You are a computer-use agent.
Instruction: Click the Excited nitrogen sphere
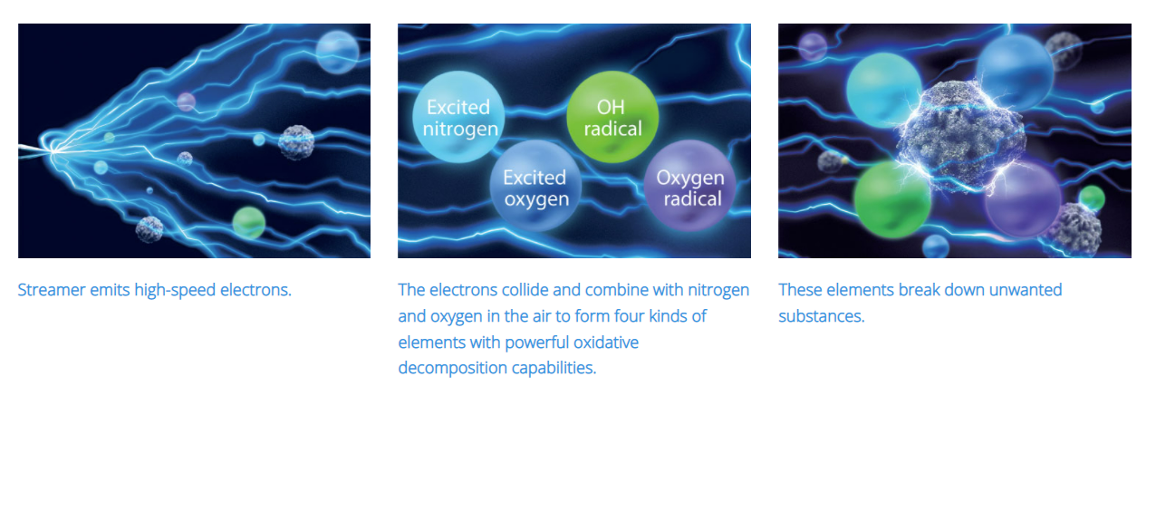pos(458,117)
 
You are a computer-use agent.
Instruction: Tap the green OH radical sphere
pos(612,117)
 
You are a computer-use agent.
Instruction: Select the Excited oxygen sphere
pos(535,186)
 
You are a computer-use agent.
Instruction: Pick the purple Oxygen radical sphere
pos(690,186)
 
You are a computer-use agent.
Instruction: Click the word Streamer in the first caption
pos(52,290)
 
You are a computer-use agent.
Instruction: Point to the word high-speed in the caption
pos(175,291)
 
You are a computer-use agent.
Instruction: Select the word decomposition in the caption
pos(453,369)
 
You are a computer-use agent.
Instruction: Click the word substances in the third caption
pos(822,316)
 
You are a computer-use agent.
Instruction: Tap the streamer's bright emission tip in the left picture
pos(52,150)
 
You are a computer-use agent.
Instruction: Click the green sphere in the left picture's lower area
pos(249,223)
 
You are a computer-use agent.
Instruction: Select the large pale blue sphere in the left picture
pos(338,52)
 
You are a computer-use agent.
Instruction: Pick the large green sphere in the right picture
pos(892,199)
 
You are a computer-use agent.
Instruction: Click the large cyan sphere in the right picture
pos(884,90)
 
